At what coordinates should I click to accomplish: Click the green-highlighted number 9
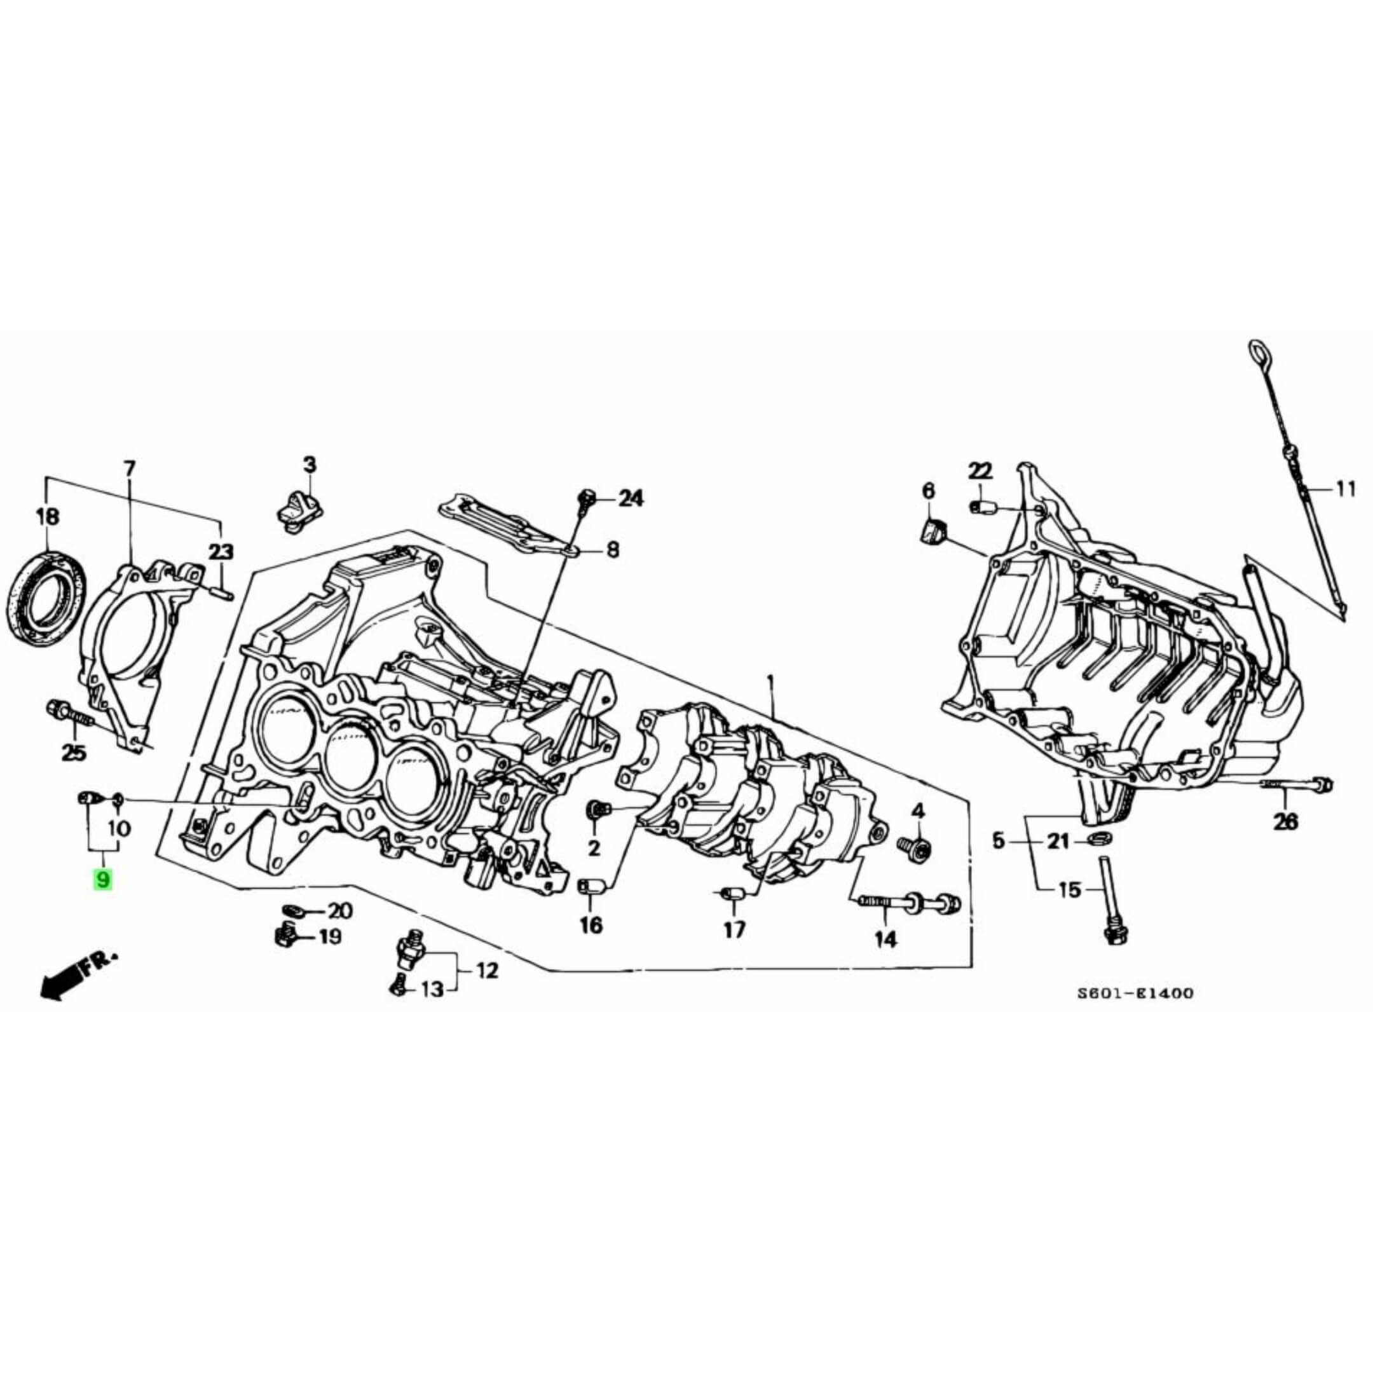point(103,880)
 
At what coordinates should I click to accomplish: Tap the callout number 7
point(129,469)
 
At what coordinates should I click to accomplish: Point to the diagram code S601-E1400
point(1135,994)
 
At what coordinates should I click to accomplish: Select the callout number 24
point(631,499)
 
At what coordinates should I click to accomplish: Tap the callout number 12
point(487,970)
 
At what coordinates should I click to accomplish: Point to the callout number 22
point(980,470)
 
